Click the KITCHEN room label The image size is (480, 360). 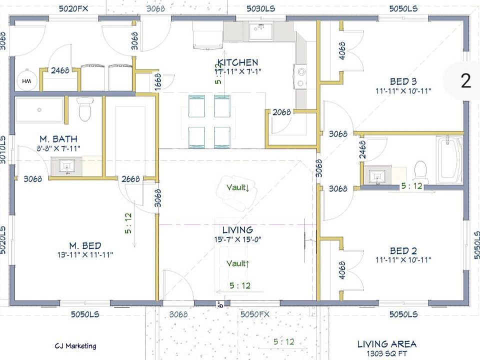point(238,62)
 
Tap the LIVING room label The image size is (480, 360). point(237,230)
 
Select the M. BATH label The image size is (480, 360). point(58,139)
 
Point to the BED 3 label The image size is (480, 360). point(403,81)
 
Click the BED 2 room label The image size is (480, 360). point(403,250)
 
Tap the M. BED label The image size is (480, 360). point(85,245)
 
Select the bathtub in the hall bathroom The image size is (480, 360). point(449,160)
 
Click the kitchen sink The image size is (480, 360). point(260,31)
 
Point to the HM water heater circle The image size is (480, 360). point(26,80)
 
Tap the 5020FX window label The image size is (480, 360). point(73,8)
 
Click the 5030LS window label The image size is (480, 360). point(261,8)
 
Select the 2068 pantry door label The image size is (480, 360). point(281,112)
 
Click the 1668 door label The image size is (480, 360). point(157,82)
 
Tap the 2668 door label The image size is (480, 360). point(130,179)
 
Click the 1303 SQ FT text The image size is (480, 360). point(387,353)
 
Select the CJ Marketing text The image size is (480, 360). point(75,346)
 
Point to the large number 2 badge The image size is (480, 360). point(466,81)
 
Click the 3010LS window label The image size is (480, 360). point(3,149)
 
